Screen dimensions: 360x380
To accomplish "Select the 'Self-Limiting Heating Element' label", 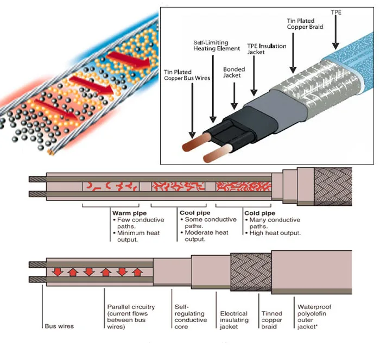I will [x=217, y=45].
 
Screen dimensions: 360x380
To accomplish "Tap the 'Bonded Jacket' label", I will [x=234, y=73].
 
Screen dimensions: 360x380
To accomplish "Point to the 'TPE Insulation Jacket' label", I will [x=267, y=49].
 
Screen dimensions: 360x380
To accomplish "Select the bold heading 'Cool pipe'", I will [x=194, y=213].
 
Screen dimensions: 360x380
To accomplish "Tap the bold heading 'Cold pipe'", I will [x=261, y=213].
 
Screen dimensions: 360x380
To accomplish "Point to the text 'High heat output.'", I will [x=274, y=233].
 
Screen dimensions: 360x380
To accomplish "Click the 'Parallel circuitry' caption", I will [x=131, y=317].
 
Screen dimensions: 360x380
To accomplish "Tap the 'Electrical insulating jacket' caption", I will [x=234, y=320].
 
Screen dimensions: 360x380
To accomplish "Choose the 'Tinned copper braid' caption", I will [x=272, y=320].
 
